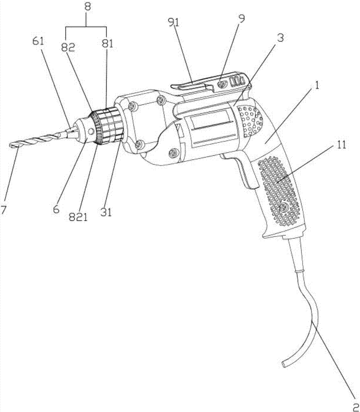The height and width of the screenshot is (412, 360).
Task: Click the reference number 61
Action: coord(39,42)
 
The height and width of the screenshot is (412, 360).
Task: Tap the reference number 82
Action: coord(68,47)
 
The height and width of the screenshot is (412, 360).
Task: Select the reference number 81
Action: coord(107,44)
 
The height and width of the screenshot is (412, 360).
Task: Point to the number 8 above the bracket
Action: coord(88,7)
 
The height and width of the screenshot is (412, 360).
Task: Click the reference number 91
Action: coord(173,22)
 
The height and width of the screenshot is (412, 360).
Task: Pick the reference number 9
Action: coord(241,19)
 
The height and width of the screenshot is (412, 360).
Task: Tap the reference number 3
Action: coord(280,38)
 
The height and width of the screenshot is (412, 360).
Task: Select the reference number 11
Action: coord(341,145)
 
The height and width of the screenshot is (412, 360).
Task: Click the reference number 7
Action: coord(3,211)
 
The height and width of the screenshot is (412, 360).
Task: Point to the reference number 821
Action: coord(78,217)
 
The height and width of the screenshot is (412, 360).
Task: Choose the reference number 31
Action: coord(106,212)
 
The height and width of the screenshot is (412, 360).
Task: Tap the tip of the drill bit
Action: coord(10,145)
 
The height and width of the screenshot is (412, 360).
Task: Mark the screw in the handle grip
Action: coord(283,208)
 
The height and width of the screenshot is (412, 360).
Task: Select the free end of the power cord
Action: coord(283,364)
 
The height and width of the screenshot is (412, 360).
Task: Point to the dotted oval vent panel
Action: coord(249,121)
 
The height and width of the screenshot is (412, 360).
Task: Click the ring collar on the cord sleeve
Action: coord(300,270)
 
